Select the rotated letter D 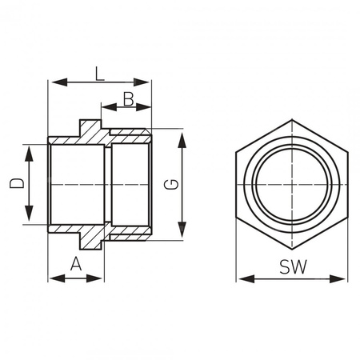pyautogui.click(x=17, y=184)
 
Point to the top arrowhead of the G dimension pyautogui.click(x=182, y=134)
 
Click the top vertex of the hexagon pyautogui.click(x=293, y=121)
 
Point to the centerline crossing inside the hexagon pyautogui.click(x=293, y=185)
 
